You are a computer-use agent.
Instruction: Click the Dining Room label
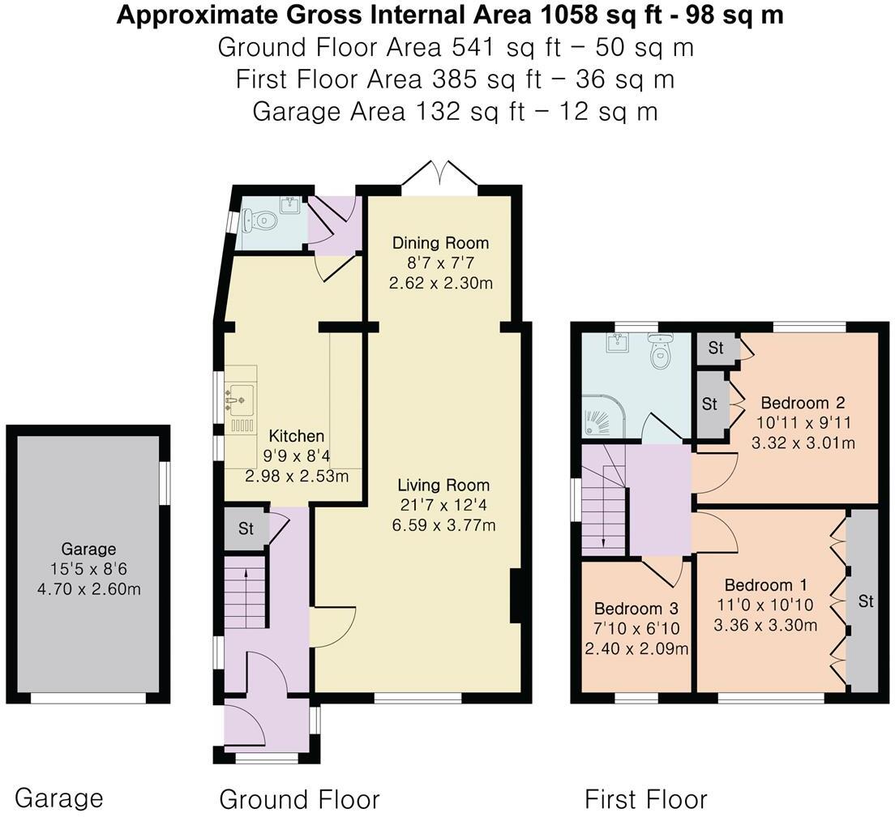point(440,243)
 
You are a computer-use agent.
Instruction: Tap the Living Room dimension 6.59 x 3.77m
point(443,525)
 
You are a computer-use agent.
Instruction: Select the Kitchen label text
point(296,436)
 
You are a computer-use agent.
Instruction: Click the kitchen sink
point(241,399)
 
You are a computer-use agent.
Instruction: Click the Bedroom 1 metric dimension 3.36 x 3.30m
point(765,625)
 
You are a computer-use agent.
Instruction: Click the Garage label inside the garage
point(88,549)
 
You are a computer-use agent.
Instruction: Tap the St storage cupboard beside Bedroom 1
point(863,600)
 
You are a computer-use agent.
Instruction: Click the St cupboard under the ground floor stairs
point(246,528)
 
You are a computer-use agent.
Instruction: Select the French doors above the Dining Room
point(439,173)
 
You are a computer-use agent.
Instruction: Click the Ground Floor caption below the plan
point(299,799)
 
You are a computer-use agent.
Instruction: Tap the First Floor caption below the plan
point(645,799)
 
